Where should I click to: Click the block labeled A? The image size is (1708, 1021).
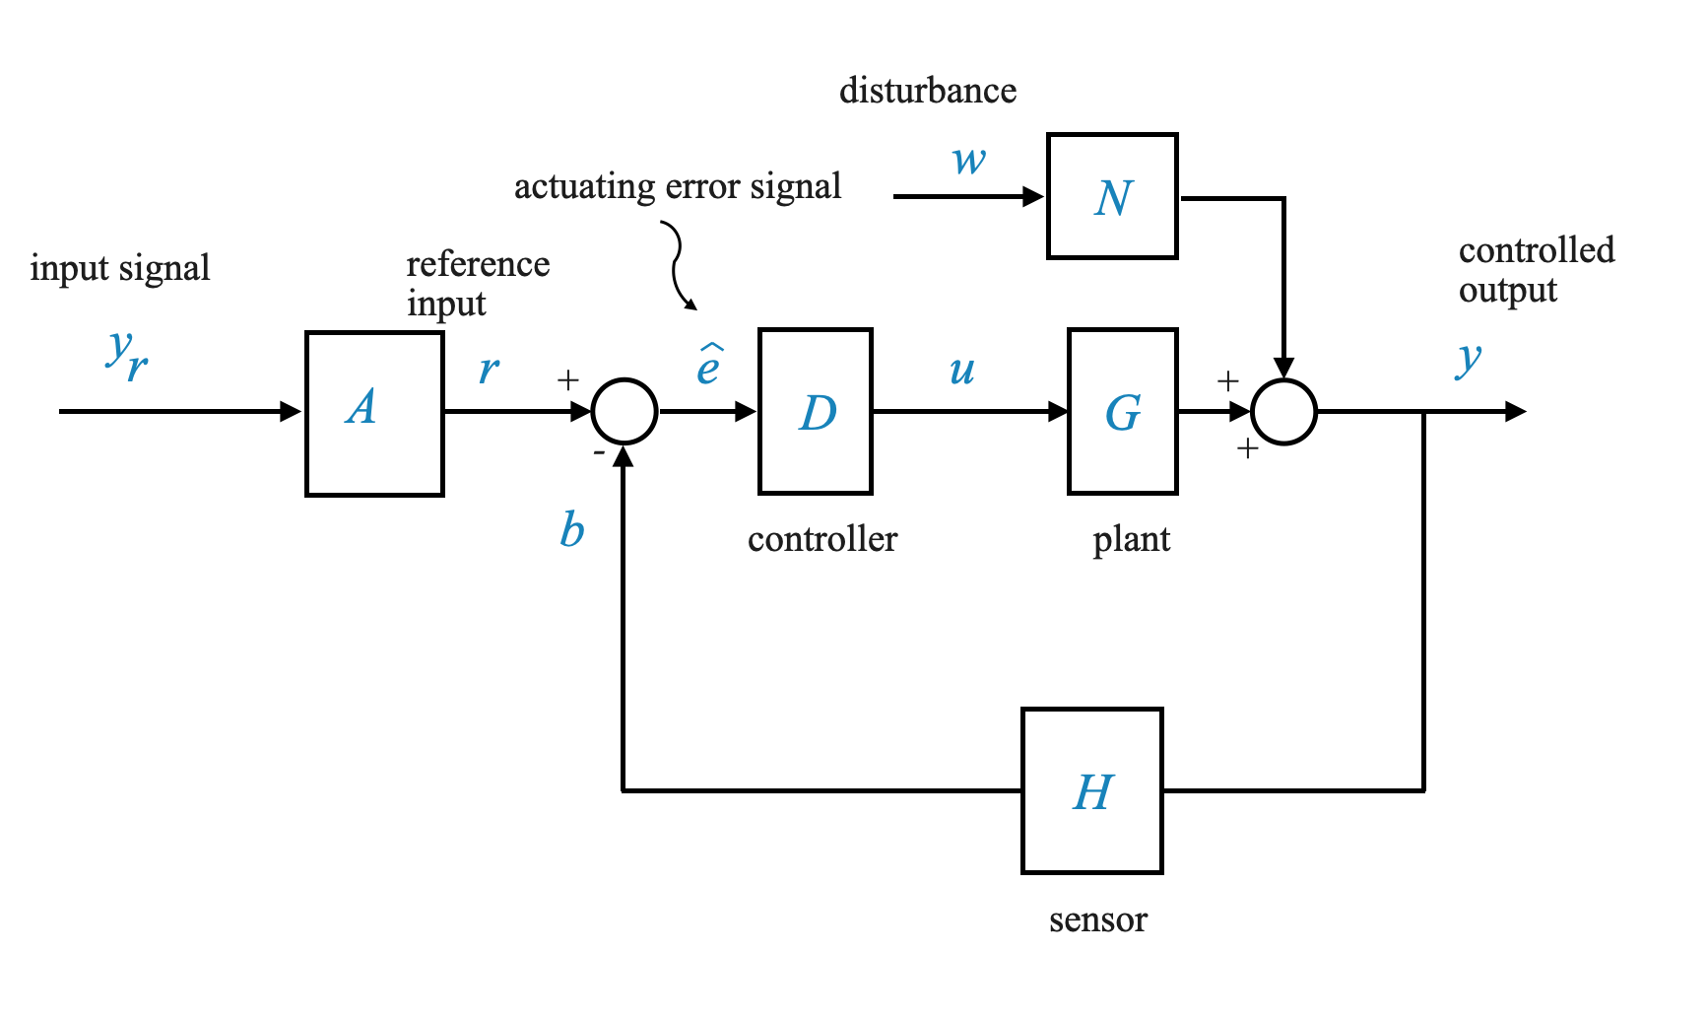(374, 413)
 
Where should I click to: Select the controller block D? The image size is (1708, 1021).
(815, 411)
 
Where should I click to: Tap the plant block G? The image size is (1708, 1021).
(1122, 411)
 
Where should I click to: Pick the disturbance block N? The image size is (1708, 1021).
(1112, 196)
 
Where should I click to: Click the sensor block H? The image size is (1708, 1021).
(1092, 790)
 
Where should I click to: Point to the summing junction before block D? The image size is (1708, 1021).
(624, 411)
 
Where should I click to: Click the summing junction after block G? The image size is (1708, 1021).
(1283, 411)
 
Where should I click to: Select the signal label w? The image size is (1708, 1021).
(969, 160)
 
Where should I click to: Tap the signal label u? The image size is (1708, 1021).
(961, 371)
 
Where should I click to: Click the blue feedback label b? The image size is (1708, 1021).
(571, 530)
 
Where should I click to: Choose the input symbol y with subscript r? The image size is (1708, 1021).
(127, 355)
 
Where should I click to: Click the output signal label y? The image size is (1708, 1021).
(1468, 359)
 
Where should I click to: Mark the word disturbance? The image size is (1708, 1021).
(927, 91)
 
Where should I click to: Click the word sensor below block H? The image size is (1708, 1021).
(1097, 920)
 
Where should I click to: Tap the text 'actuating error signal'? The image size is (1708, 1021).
(678, 186)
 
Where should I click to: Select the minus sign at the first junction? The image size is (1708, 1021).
(599, 453)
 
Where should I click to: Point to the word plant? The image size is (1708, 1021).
(1131, 540)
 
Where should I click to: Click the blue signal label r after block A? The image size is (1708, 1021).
(489, 371)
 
